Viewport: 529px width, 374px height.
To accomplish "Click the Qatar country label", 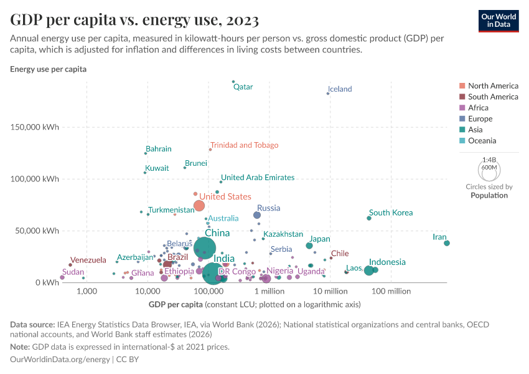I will [243, 87].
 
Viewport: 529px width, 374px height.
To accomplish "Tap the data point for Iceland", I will [328, 93].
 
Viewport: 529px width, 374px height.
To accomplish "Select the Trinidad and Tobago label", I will [244, 145].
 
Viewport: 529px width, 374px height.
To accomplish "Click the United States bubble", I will [199, 206].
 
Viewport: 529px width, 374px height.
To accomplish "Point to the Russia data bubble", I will [257, 215].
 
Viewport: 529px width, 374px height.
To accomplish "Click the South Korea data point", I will [369, 218].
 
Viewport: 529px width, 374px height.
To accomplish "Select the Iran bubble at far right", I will [447, 243].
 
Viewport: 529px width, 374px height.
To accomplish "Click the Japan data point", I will [309, 246].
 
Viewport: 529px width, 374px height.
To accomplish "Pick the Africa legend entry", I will [478, 108].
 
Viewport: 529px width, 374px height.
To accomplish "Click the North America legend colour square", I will [461, 86].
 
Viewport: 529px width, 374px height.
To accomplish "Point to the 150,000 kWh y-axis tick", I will [35, 127].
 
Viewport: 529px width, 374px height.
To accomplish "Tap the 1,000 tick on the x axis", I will [87, 291].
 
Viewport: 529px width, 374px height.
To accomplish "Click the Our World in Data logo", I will [499, 20].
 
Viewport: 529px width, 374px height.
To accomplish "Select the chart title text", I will [134, 20].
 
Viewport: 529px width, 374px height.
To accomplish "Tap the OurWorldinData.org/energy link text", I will [60, 360].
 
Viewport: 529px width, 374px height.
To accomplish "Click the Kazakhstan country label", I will [283, 234].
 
